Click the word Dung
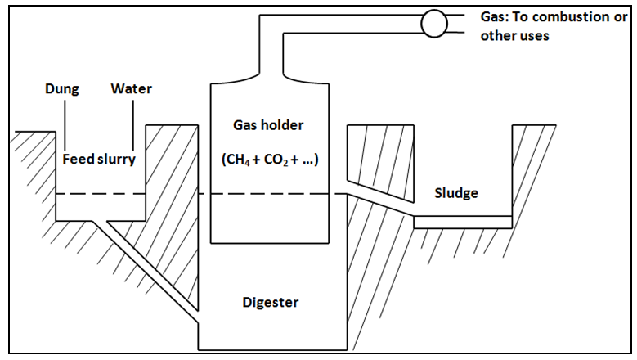coord(62,88)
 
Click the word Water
coord(132,88)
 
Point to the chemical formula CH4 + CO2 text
coord(269,160)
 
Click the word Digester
coord(271,303)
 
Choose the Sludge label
coord(456,193)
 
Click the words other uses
coord(515,36)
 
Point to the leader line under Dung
coord(64,123)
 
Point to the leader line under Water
coord(132,123)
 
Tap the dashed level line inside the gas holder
coord(269,194)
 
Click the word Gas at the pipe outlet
coord(494,18)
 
